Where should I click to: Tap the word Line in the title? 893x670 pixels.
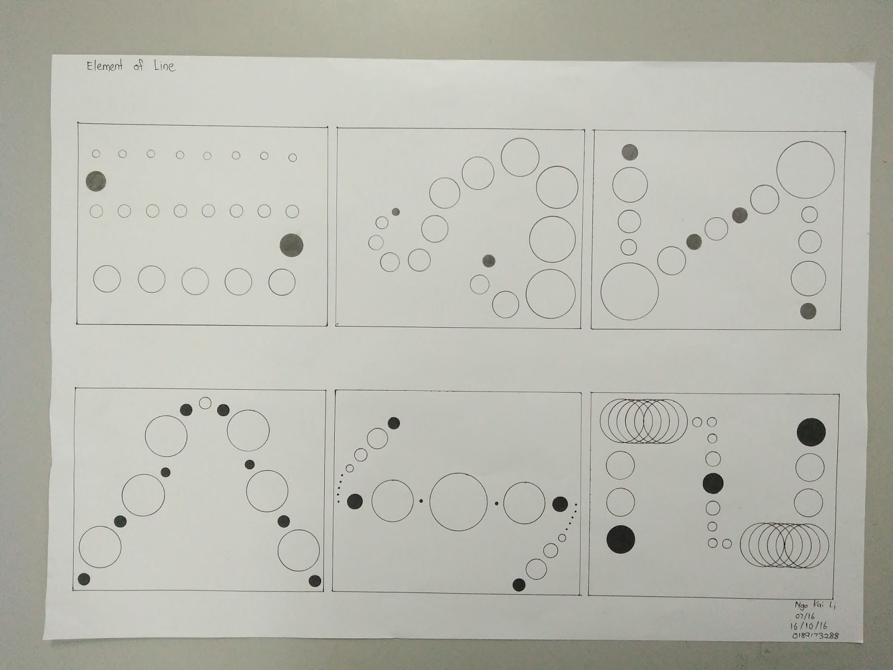[164, 66]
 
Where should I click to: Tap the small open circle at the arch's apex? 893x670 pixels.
[205, 403]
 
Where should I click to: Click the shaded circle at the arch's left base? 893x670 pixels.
[84, 579]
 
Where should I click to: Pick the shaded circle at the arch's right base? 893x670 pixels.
[315, 581]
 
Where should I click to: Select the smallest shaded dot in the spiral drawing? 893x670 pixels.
[396, 212]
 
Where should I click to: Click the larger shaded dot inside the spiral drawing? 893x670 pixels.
[488, 260]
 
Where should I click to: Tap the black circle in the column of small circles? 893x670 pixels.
[713, 483]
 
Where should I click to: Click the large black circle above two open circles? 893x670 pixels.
[811, 432]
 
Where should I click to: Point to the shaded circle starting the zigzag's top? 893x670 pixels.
[630, 151]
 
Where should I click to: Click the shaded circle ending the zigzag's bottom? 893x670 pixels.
[808, 311]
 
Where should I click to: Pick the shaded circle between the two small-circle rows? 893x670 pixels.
[95, 181]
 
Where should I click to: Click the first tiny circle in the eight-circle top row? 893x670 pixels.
[95, 153]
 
